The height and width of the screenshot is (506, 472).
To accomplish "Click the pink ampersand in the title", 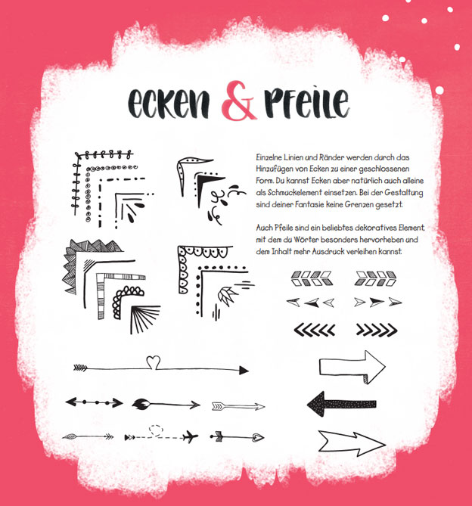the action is click(x=239, y=101).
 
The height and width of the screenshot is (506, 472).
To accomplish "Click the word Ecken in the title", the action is click(x=169, y=103).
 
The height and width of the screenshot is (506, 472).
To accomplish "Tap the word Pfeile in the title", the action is click(x=307, y=102).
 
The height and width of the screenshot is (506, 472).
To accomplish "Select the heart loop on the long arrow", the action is click(x=154, y=362).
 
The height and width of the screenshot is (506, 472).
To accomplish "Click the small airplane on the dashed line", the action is click(x=190, y=437).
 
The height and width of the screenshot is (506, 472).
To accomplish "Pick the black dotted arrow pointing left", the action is click(x=341, y=404).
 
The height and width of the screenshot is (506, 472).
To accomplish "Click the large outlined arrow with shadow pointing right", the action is click(x=352, y=368).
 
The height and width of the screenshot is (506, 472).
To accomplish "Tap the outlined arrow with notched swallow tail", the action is click(x=352, y=443).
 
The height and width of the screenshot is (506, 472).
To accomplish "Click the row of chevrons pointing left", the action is click(x=314, y=330).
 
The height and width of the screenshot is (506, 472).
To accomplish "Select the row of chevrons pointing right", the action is click(x=377, y=330).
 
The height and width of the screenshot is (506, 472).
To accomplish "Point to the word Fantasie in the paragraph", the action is click(x=309, y=205).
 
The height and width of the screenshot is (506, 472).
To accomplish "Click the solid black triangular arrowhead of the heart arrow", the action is click(x=244, y=370).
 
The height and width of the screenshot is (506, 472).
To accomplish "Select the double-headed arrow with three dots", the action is click(x=94, y=402).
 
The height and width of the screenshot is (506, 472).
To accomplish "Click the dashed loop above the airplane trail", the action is click(x=156, y=430).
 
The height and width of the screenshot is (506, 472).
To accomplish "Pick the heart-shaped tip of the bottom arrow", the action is click(x=259, y=437).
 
